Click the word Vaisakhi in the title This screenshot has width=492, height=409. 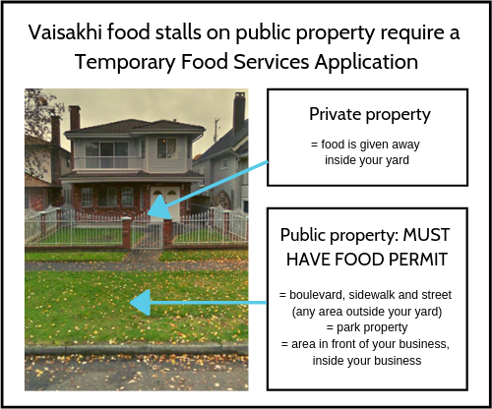[65, 32]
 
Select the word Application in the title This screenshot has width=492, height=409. [366, 62]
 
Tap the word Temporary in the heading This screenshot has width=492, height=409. [125, 62]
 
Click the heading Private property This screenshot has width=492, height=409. [370, 115]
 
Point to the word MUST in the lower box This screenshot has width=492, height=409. [426, 235]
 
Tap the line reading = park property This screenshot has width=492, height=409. [367, 327]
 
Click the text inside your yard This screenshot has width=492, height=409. [367, 160]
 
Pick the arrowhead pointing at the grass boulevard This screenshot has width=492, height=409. [141, 303]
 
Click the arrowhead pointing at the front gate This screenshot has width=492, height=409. [159, 207]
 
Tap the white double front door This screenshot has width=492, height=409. [165, 203]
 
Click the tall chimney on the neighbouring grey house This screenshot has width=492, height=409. [239, 110]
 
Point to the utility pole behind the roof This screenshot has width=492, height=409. [216, 131]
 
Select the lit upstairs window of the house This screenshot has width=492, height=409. [166, 148]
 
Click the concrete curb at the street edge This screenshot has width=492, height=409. [137, 349]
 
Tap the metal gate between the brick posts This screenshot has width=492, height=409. [147, 232]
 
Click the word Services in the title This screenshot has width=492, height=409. [272, 62]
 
